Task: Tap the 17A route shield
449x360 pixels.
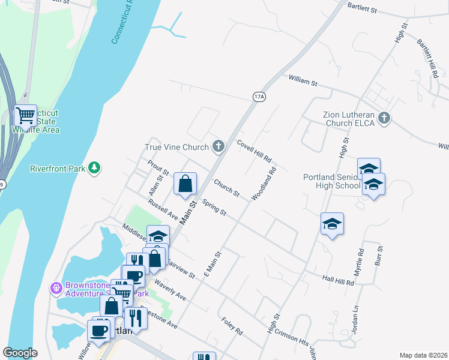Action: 259,96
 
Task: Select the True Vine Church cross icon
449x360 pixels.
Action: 218,146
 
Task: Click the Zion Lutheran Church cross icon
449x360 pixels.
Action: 384,119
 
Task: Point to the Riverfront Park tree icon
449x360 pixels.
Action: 94,168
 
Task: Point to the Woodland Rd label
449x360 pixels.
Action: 264,184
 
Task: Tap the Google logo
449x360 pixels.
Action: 20,353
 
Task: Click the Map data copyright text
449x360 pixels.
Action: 423,355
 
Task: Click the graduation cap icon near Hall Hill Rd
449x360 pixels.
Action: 332,224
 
